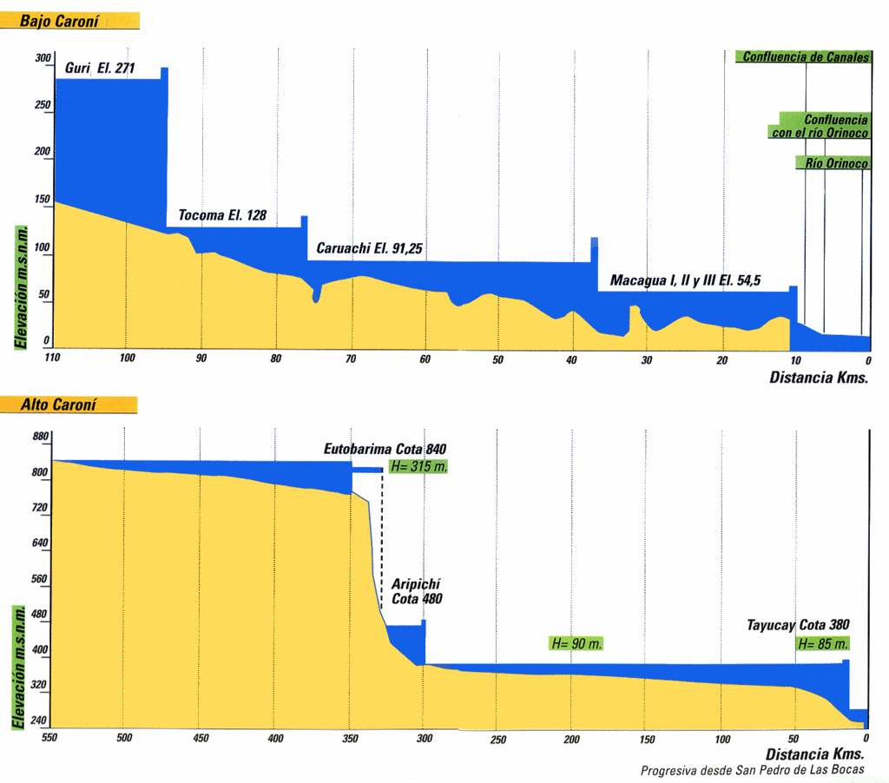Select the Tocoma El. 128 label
(x=222, y=215)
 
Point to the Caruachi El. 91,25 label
(x=369, y=248)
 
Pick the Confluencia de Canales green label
(x=804, y=57)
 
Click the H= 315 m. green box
(x=418, y=466)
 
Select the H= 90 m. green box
(x=576, y=644)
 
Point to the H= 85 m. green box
(x=822, y=644)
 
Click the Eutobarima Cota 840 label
(x=385, y=450)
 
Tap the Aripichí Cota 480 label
(x=416, y=592)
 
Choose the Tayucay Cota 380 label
(x=798, y=625)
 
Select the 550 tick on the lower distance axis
(x=50, y=739)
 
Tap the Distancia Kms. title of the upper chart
(x=818, y=378)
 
